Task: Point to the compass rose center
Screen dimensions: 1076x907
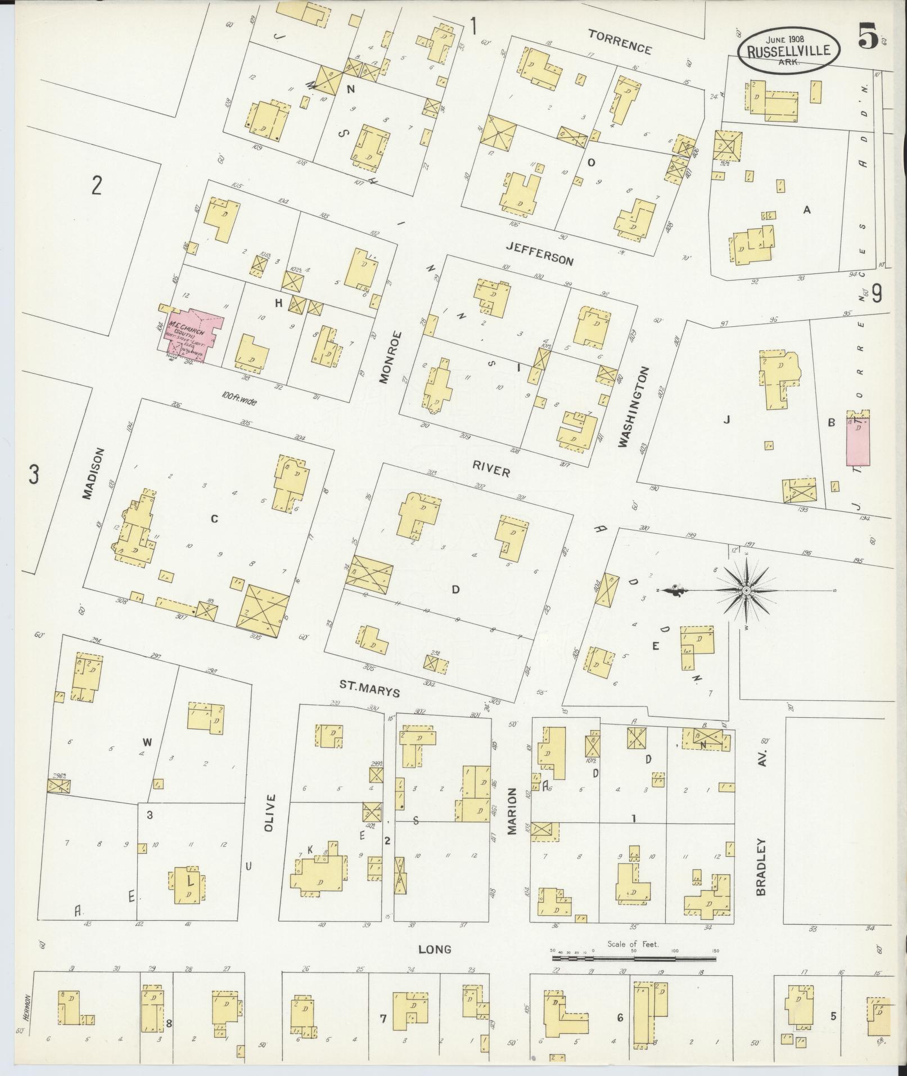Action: pos(746,590)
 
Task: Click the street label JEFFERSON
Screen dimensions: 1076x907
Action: pos(539,253)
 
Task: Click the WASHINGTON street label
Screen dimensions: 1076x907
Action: pos(634,407)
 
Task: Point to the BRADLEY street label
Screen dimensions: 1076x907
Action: pos(761,867)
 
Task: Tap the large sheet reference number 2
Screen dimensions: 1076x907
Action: pos(97,185)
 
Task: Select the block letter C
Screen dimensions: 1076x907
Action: pos(214,519)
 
